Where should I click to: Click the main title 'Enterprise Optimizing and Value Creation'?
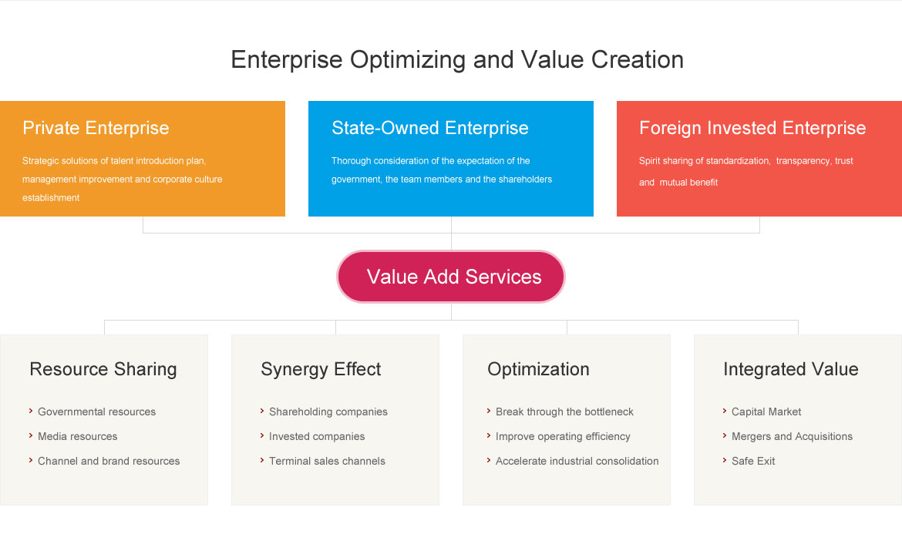click(x=457, y=60)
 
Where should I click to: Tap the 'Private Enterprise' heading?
click(x=96, y=128)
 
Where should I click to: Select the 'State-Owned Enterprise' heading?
click(x=429, y=128)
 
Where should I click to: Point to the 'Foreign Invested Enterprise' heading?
click(x=752, y=128)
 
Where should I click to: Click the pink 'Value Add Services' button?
click(x=451, y=277)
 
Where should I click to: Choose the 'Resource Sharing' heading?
click(x=103, y=369)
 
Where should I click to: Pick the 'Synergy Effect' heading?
click(x=321, y=369)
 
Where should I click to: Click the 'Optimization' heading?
click(x=538, y=369)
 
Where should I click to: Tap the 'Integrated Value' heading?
click(x=791, y=369)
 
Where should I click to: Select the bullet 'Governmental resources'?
click(x=96, y=412)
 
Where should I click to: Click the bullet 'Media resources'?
click(x=78, y=436)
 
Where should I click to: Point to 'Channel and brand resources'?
click(x=109, y=462)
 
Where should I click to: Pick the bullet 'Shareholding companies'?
click(x=328, y=412)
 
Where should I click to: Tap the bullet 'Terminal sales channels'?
click(x=328, y=462)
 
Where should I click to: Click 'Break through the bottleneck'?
click(x=564, y=412)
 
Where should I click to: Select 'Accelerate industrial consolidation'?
click(x=577, y=462)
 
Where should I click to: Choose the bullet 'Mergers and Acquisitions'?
click(x=792, y=436)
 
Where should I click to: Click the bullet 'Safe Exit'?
click(x=753, y=462)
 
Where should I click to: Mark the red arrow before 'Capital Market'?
click(x=725, y=411)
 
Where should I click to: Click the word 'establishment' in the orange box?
click(x=51, y=198)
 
